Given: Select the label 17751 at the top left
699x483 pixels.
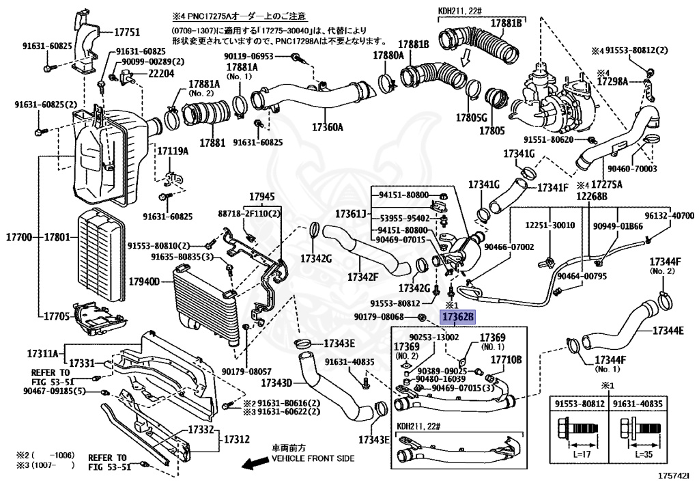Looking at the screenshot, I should point(126,32).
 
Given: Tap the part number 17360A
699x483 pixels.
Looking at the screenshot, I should point(328,126).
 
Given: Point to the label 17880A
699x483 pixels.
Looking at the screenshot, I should point(388,55).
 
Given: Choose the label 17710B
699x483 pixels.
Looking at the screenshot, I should point(506,359).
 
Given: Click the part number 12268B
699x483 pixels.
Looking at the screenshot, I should point(591,196).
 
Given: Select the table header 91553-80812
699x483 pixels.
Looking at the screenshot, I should point(580,404).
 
